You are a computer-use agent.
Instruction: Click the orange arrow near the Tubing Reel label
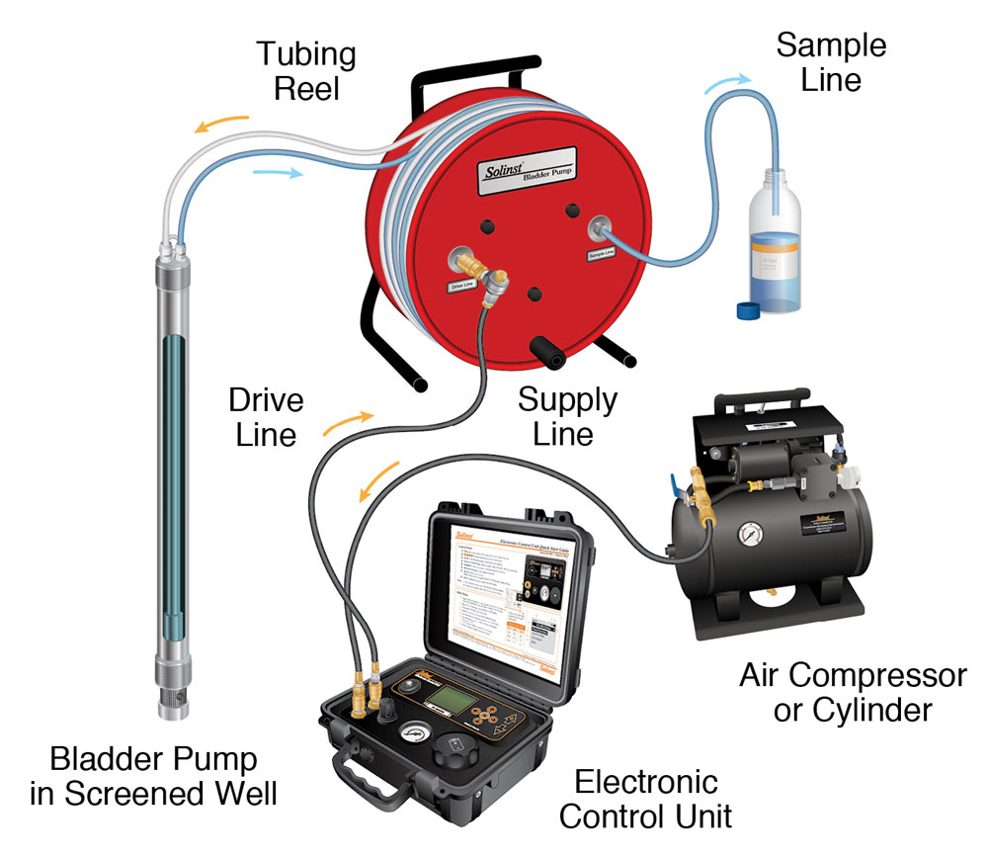pyautogui.click(x=220, y=125)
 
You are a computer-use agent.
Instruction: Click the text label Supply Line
pyautogui.click(x=567, y=417)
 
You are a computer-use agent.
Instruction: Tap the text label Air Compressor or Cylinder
pyautogui.click(x=853, y=693)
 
